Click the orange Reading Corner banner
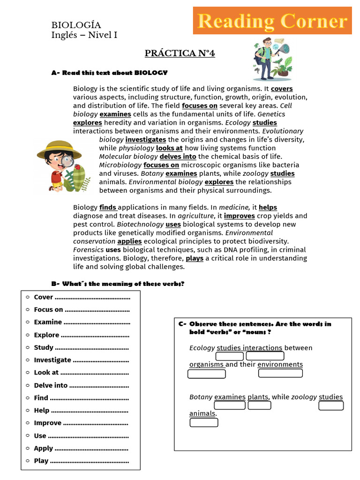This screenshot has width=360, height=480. (272, 21)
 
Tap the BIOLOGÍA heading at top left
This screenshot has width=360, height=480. (76, 25)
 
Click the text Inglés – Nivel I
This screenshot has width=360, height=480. (84, 35)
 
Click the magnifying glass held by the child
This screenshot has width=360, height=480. (67, 162)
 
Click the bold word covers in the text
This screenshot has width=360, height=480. (282, 89)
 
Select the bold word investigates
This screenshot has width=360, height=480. (145, 140)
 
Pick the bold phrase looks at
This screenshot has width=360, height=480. (169, 148)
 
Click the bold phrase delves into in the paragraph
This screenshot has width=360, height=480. (178, 157)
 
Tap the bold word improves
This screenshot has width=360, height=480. (239, 216)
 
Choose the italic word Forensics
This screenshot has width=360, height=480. (88, 250)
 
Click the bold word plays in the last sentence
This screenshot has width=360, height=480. (195, 258)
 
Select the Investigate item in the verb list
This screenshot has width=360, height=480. (52, 360)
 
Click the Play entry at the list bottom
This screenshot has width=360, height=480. (41, 461)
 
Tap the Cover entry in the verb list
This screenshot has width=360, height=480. (44, 297)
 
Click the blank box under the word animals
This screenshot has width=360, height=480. (204, 422)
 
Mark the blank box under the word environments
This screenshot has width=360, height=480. (280, 373)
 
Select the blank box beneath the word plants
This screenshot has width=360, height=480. (259, 405)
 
